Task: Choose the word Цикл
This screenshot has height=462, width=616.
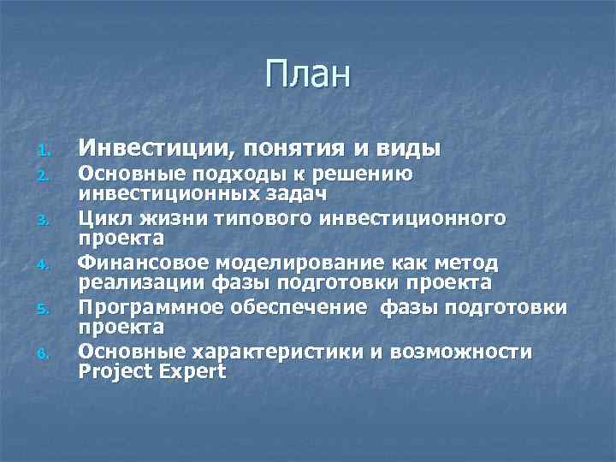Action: (x=102, y=219)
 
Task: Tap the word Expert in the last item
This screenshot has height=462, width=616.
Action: (x=187, y=373)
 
